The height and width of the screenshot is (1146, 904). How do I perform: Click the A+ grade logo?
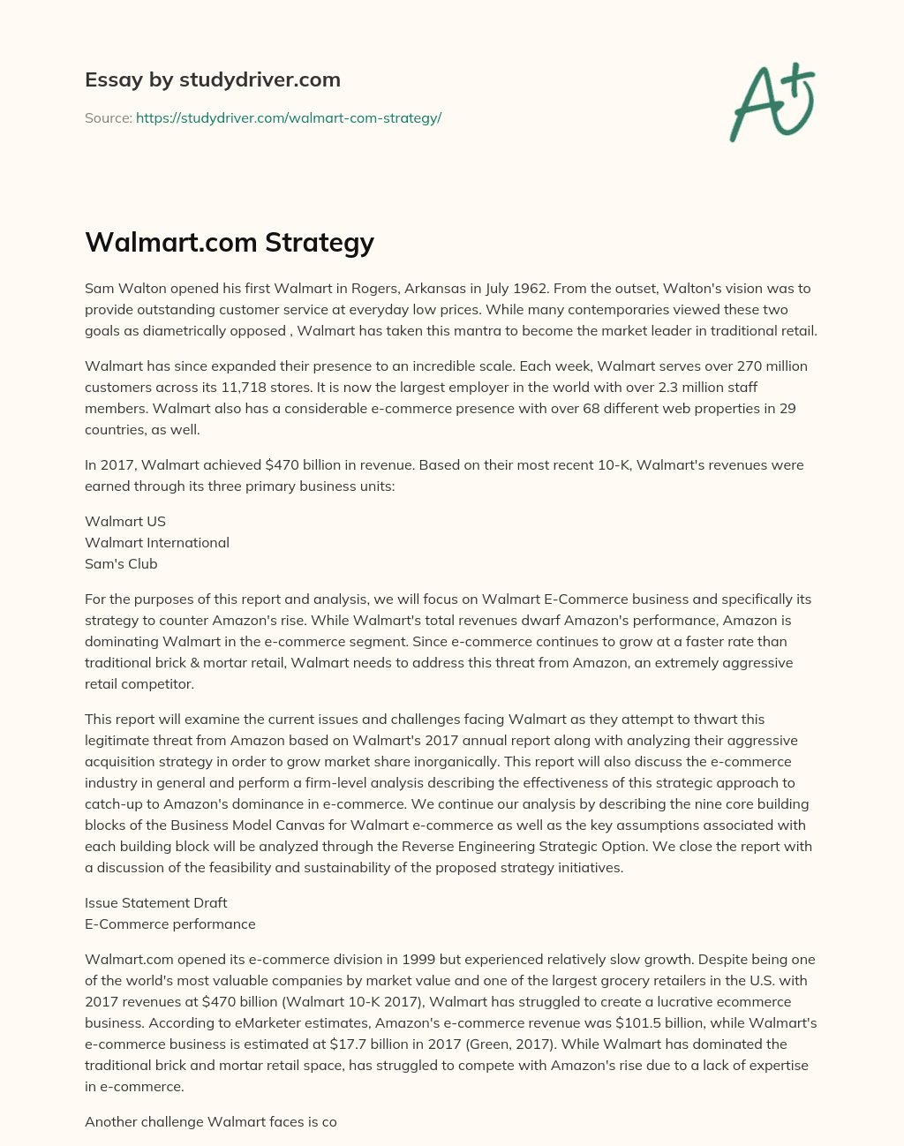click(771, 102)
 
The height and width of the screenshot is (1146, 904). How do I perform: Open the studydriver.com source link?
click(289, 117)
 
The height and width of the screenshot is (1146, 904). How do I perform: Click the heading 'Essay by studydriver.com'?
click(213, 79)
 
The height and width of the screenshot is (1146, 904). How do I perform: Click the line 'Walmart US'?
click(125, 521)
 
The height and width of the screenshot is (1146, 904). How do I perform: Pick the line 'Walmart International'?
click(157, 542)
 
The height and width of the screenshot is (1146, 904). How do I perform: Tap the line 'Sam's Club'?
click(121, 563)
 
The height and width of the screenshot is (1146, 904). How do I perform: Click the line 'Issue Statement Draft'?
click(156, 902)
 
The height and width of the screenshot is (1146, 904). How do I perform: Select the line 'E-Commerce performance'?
click(170, 924)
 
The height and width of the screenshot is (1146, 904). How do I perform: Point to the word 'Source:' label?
click(109, 117)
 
